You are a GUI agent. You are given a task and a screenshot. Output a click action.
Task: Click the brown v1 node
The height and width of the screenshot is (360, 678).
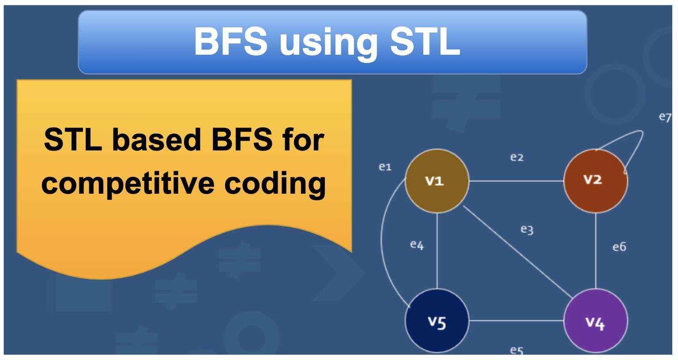click(x=437, y=181)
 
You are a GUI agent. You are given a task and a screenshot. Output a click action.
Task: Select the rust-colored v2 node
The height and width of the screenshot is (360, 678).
click(x=595, y=181)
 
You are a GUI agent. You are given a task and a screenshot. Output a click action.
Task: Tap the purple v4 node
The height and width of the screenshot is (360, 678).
click(x=595, y=320)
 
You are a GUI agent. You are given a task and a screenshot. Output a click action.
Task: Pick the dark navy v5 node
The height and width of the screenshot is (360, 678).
click(x=437, y=320)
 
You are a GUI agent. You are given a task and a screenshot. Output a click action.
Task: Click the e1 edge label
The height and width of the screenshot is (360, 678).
click(x=385, y=167)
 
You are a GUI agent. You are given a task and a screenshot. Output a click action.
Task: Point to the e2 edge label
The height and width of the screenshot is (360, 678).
click(x=517, y=157)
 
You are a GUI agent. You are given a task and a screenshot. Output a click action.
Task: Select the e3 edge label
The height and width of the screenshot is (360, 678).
click(x=527, y=230)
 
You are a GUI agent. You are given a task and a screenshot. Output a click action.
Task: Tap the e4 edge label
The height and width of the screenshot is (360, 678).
click(x=417, y=245)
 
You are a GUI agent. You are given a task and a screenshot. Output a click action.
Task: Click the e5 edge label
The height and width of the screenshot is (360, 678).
click(x=517, y=351)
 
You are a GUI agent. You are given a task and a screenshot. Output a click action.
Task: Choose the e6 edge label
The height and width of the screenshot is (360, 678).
click(x=619, y=247)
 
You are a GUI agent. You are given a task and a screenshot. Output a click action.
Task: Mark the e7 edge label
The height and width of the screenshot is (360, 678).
click(x=665, y=117)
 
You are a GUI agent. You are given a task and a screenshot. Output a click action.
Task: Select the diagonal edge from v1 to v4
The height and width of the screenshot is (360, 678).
click(x=518, y=252)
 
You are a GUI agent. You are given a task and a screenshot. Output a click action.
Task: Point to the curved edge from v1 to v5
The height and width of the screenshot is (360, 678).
click(x=381, y=242)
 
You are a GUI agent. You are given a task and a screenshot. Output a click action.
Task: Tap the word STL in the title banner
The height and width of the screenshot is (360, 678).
click(x=425, y=41)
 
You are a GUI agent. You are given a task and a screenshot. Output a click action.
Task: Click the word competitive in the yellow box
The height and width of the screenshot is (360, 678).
click(x=128, y=184)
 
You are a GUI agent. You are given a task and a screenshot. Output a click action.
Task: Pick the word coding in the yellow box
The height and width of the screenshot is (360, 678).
click(x=275, y=184)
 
